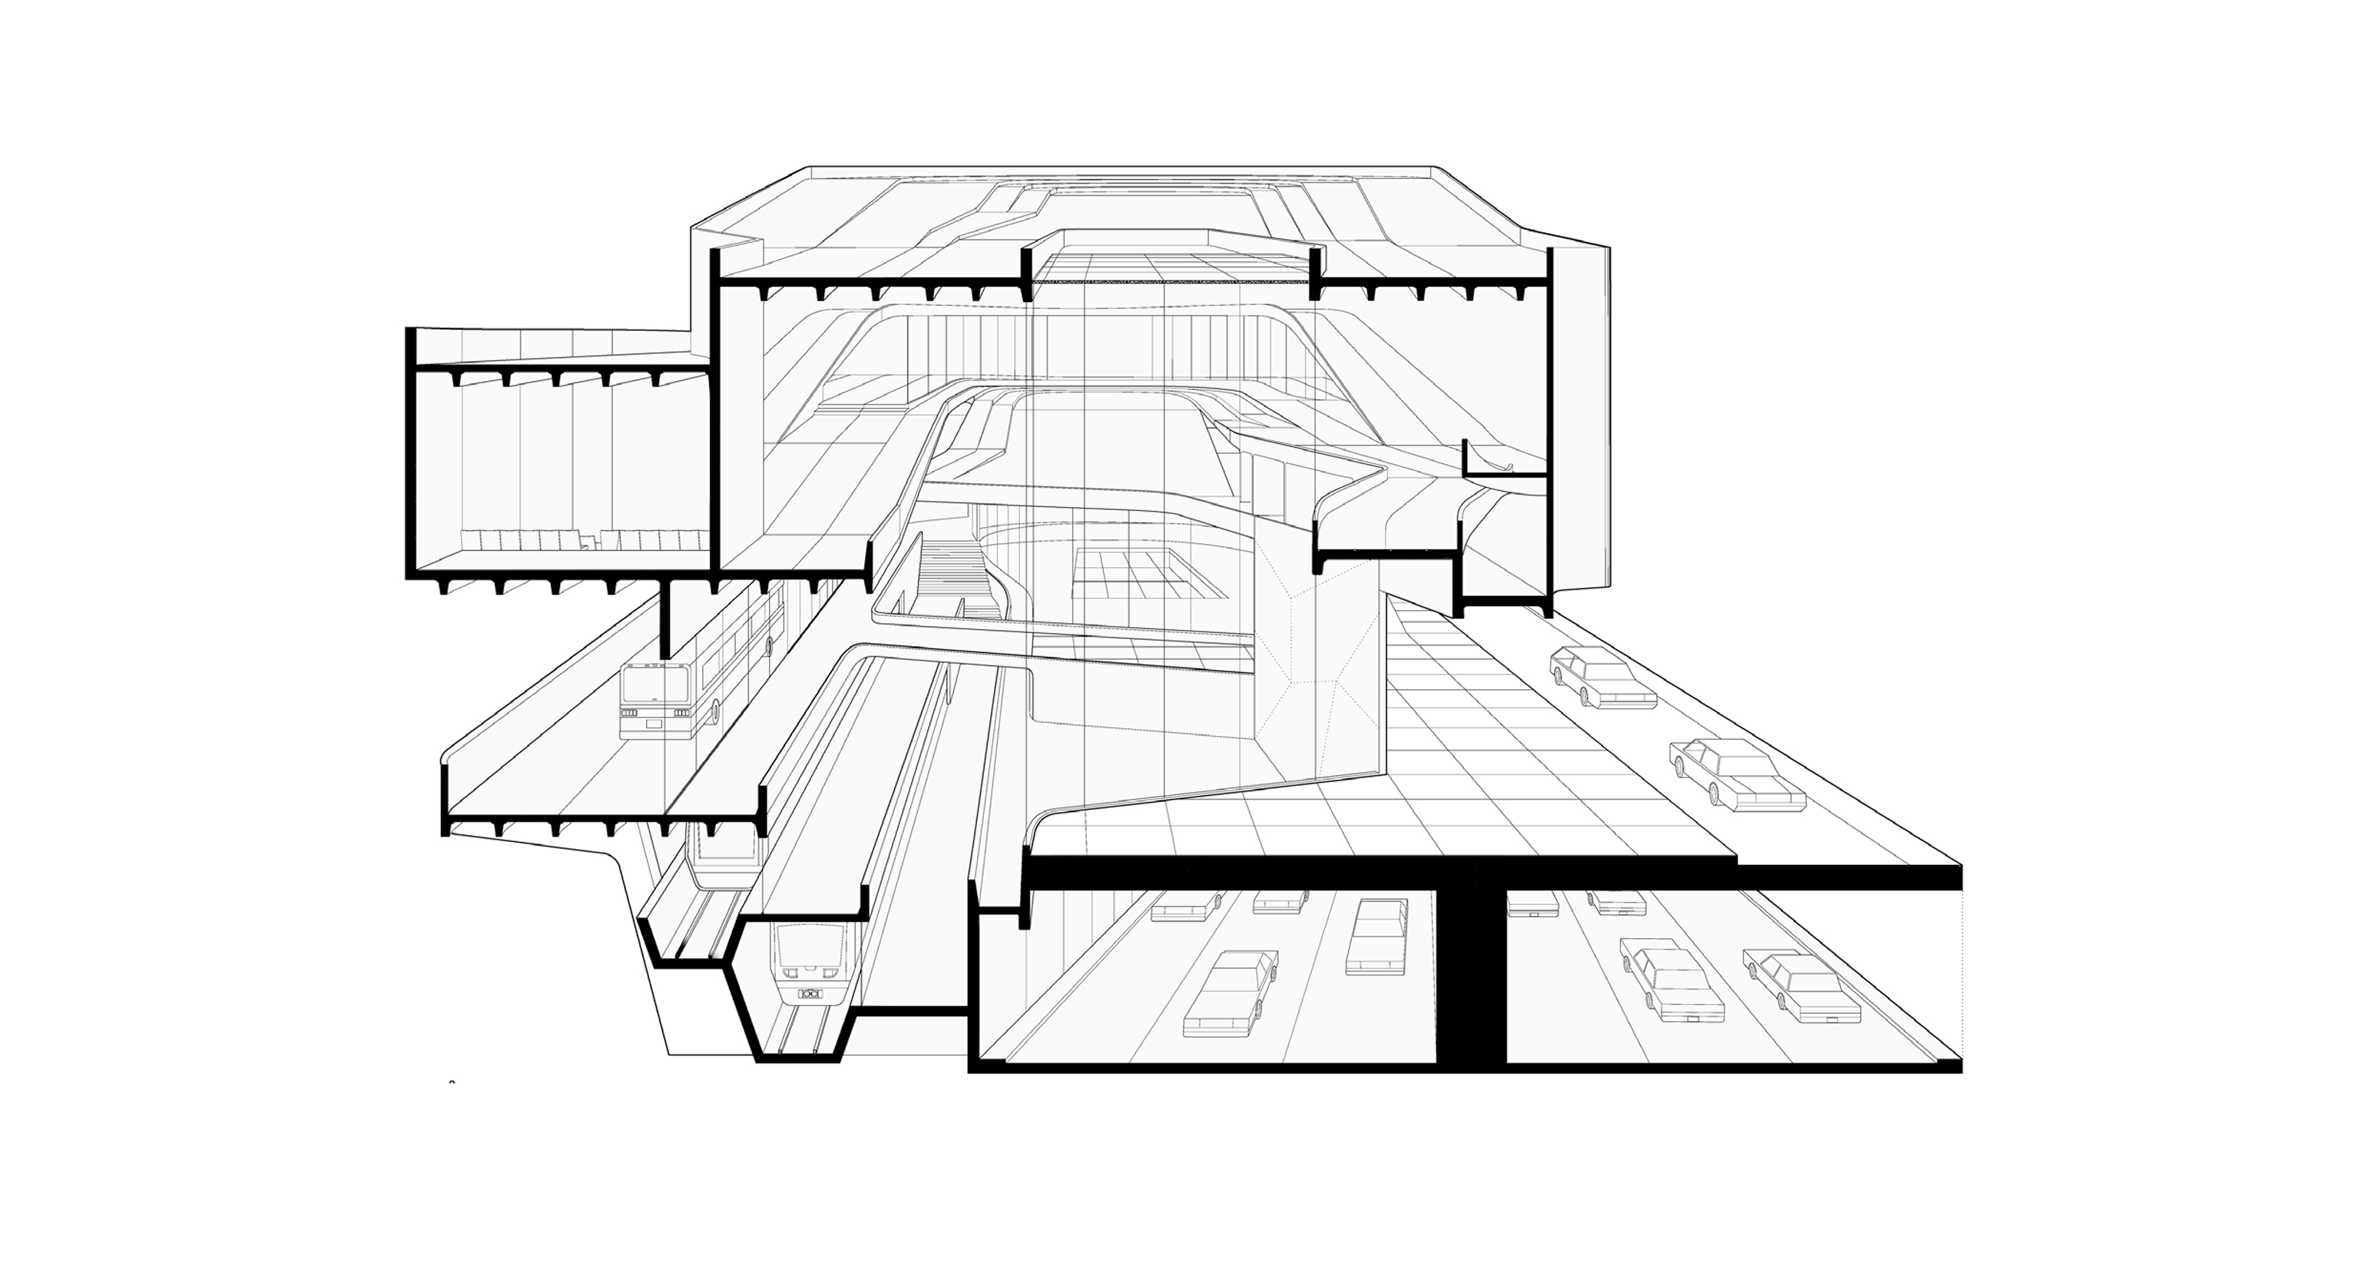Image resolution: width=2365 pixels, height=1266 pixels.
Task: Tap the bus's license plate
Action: tap(654, 725)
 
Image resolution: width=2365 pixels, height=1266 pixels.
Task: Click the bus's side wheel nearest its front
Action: tap(715, 710)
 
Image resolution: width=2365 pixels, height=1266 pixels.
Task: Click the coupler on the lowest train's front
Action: tap(809, 993)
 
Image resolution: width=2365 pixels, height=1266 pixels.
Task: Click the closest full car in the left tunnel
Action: tap(1231, 997)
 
